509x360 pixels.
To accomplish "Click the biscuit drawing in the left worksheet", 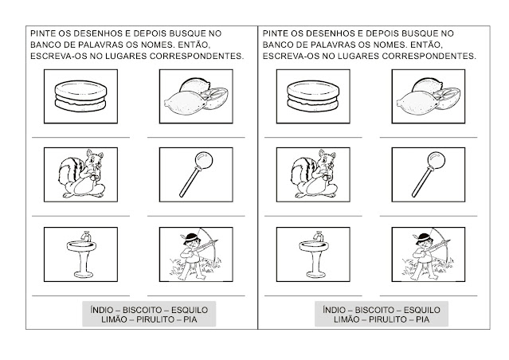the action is pyautogui.click(x=80, y=96).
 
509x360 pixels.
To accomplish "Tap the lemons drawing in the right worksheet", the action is pyautogui.click(x=429, y=96).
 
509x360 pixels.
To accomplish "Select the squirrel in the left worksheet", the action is pyautogui.click(x=82, y=174).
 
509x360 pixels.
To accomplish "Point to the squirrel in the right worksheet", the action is pyautogui.click(x=314, y=174).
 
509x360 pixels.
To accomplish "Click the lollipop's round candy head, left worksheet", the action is pyautogui.click(x=204, y=160).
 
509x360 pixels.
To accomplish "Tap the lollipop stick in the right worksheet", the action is pyautogui.click(x=422, y=182).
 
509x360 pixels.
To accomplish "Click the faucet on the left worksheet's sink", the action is pyautogui.click(x=86, y=236).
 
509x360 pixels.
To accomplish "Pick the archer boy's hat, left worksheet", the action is pyautogui.click(x=191, y=237).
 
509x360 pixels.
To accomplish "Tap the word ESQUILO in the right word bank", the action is pyautogui.click(x=422, y=310).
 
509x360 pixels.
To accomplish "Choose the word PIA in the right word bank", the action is pyautogui.click(x=423, y=319).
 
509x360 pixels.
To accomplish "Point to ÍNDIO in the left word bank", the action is pyautogui.click(x=102, y=310).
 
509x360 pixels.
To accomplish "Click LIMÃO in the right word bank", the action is pyautogui.click(x=347, y=319).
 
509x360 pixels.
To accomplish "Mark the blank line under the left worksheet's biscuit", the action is pyautogui.click(x=80, y=137).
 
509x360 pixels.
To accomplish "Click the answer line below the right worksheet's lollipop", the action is pyautogui.click(x=429, y=216).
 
